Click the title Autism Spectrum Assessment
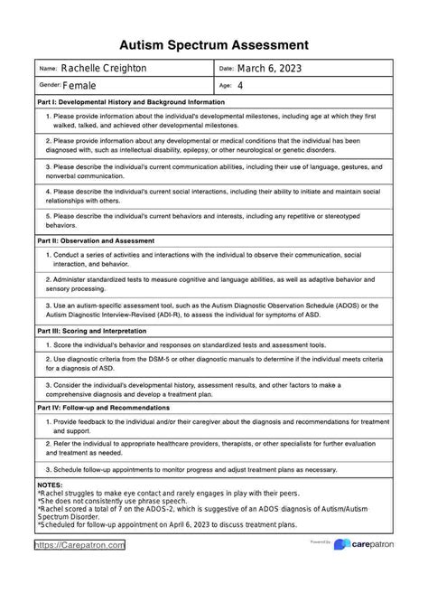click(x=214, y=44)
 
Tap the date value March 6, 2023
click(x=270, y=69)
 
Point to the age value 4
click(x=239, y=86)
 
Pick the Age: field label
click(x=226, y=86)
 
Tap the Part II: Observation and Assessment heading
click(x=108, y=241)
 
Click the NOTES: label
click(x=51, y=485)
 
